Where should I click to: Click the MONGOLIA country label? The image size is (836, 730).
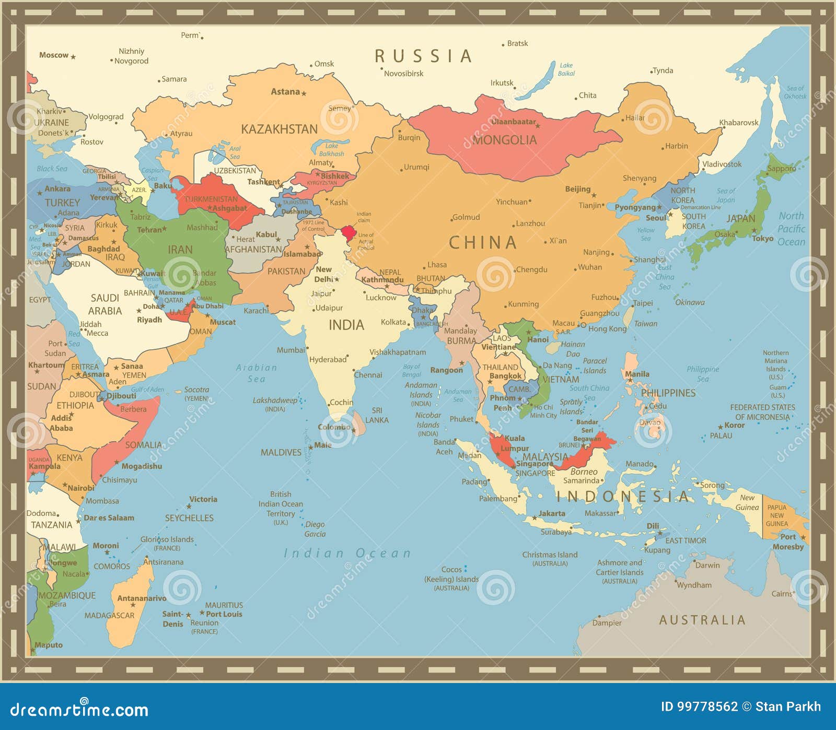point(505,140)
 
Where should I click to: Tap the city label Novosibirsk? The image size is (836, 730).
point(403,74)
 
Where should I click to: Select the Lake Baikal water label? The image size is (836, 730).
point(566,69)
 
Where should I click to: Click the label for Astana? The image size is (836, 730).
point(285,92)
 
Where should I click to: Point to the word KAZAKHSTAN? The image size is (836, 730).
point(279,129)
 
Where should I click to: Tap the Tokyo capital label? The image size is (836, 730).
point(763,239)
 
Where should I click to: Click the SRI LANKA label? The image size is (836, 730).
point(377,415)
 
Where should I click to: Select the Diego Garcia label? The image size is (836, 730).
point(315,529)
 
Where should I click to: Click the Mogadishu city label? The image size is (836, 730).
point(142,466)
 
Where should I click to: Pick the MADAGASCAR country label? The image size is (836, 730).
point(109,616)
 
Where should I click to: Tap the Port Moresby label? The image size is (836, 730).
point(788,542)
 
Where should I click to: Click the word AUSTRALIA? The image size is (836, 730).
point(702,620)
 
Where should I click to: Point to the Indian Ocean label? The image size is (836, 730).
point(347,554)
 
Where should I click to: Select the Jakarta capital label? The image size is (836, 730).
point(552,514)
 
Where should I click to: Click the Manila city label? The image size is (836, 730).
point(637,374)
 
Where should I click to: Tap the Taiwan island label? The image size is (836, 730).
point(645,324)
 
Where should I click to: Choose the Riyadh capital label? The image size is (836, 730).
point(149,320)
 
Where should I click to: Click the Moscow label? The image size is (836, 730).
point(54,55)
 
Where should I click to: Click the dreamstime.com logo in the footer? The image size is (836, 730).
point(79,709)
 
